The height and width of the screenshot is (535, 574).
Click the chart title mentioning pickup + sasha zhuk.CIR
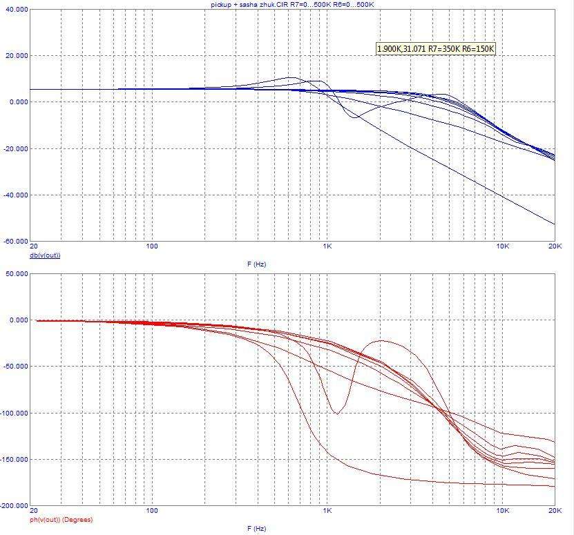coord(292,4)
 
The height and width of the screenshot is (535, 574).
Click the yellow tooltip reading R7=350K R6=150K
coord(436,48)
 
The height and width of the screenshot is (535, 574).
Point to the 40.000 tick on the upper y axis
coord(16,10)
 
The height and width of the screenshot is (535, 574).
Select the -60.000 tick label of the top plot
coord(15,242)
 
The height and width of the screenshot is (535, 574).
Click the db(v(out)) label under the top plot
coord(44,255)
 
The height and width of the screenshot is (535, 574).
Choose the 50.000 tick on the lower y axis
coord(16,273)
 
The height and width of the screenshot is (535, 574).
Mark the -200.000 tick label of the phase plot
coord(14,505)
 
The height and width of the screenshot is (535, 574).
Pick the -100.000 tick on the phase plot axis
coord(14,413)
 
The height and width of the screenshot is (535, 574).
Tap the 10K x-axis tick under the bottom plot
coord(503,511)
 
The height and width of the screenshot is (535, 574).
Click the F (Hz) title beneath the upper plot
coord(256,264)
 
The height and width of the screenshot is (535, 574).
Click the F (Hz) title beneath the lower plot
coord(256,528)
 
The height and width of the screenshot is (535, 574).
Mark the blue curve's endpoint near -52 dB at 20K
coord(554,224)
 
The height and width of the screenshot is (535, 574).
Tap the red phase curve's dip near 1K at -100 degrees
coord(336,414)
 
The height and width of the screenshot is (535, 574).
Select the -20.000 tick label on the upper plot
coord(16,148)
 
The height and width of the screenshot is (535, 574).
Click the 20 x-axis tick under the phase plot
coord(33,511)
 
